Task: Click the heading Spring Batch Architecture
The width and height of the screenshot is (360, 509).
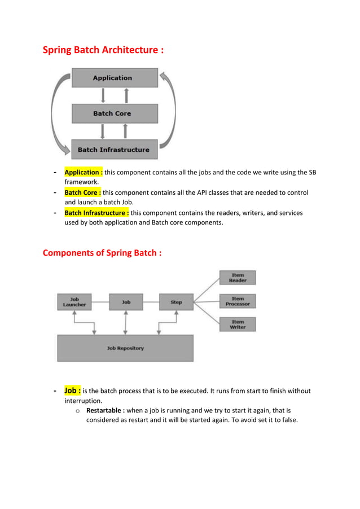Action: click(103, 50)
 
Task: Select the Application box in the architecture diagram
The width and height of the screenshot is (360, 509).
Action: click(115, 78)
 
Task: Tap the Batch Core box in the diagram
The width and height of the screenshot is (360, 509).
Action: click(115, 113)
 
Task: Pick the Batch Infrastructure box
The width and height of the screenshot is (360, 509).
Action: click(115, 150)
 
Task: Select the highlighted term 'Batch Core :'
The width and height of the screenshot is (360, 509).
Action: click(82, 192)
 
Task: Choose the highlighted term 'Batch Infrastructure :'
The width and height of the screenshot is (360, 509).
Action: click(96, 213)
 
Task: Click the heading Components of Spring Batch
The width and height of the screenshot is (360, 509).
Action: click(102, 252)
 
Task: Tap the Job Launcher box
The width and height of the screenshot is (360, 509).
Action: click(74, 302)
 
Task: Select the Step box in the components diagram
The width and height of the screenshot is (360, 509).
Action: click(177, 302)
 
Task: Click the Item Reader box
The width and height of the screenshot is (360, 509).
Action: click(238, 278)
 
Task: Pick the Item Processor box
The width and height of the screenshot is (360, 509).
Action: click(238, 301)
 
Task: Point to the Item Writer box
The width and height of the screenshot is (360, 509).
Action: click(238, 324)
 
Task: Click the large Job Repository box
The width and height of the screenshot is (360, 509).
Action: click(125, 348)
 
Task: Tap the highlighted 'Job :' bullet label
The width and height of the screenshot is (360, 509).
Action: click(72, 390)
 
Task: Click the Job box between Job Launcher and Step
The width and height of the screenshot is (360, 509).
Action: click(126, 302)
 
